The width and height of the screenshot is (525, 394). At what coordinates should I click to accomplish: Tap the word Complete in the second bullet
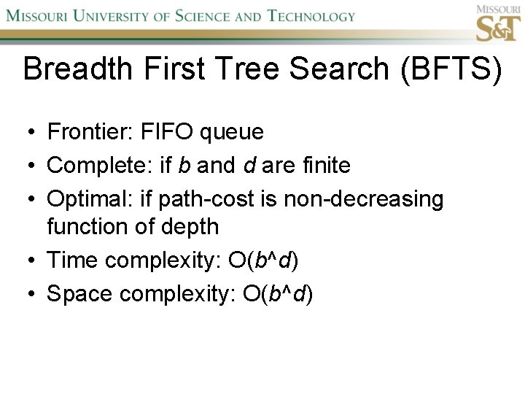point(98,166)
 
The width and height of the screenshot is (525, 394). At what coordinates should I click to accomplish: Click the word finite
point(324,166)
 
